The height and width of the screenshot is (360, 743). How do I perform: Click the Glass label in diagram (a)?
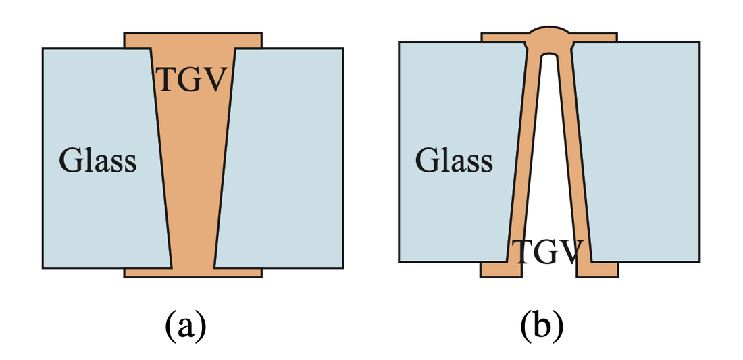pyautogui.click(x=98, y=161)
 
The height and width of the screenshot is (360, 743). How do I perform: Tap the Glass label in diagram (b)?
pyautogui.click(x=454, y=161)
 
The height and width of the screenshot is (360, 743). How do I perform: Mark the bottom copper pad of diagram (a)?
pyautogui.click(x=193, y=273)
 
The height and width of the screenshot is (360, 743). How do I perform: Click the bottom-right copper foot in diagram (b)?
pyautogui.click(x=598, y=269)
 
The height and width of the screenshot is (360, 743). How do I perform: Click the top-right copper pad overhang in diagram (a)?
pyautogui.click(x=249, y=40)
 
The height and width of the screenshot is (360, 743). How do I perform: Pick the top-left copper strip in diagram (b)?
pyautogui.click(x=503, y=37)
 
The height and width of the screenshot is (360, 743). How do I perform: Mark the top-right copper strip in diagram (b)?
pyautogui.click(x=594, y=37)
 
